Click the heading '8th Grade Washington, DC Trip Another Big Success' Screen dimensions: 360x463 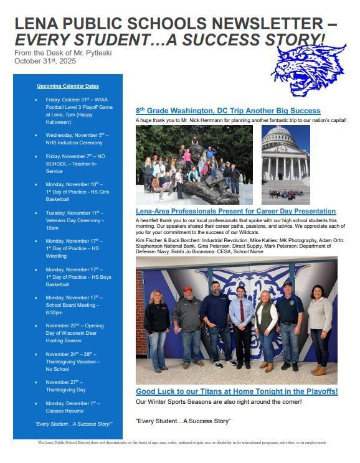228,111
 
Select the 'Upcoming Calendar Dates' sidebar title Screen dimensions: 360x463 68,86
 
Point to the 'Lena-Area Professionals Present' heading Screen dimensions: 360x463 235,212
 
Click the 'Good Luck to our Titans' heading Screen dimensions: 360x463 237,391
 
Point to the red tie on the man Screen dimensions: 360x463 242,312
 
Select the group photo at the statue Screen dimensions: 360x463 194,165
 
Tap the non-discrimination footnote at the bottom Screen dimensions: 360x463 182,442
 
